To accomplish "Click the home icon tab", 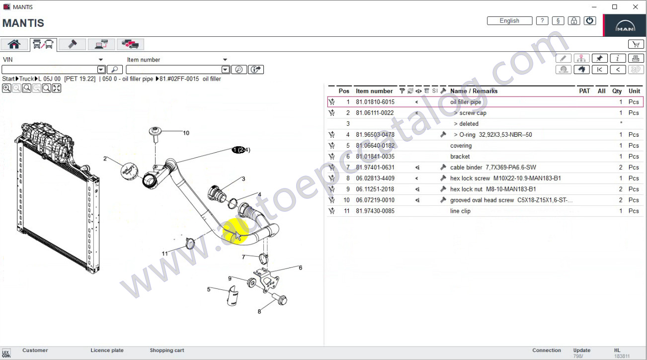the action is [x=14, y=44].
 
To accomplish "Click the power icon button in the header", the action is [x=589, y=21].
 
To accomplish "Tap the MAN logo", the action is [x=625, y=26].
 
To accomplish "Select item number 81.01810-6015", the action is [x=375, y=102].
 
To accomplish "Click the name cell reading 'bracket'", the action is [x=460, y=157].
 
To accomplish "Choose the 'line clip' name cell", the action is [x=460, y=211].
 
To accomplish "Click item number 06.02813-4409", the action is [x=375, y=179].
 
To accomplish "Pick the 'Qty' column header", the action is [x=617, y=91].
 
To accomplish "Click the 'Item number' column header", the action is [x=374, y=91].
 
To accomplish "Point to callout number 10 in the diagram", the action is [x=186, y=133].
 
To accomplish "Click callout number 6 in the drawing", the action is [x=300, y=268].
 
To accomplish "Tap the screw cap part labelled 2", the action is [x=129, y=171].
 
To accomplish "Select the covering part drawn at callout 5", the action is [x=233, y=295].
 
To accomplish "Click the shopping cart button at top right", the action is [x=636, y=44].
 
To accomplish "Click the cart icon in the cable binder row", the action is [x=331, y=167].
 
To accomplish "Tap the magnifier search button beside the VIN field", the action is [x=115, y=70].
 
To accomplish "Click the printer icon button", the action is [x=636, y=58].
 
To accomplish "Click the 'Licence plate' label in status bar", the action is [x=107, y=350].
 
